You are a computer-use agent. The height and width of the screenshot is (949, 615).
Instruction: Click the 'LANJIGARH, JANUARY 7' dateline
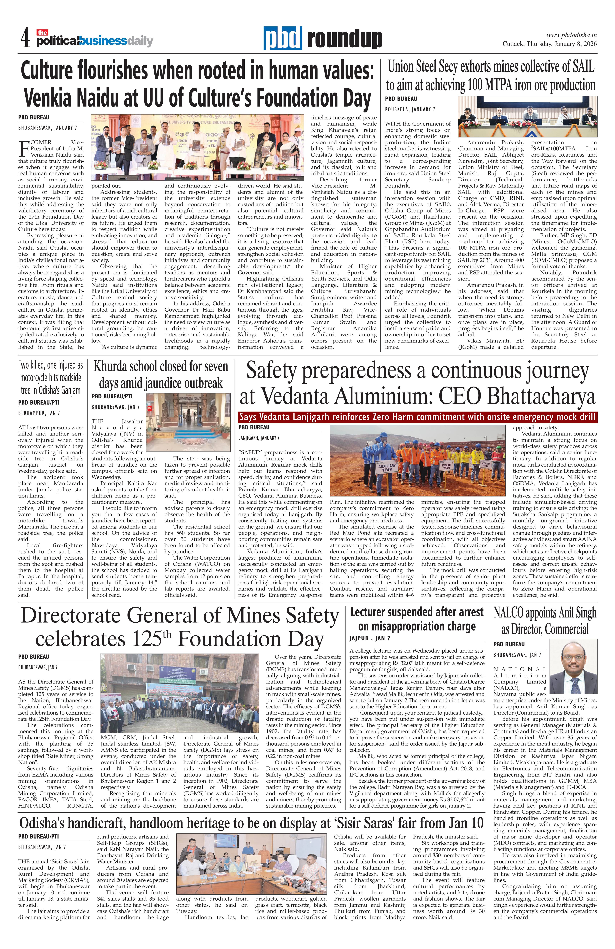259,438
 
